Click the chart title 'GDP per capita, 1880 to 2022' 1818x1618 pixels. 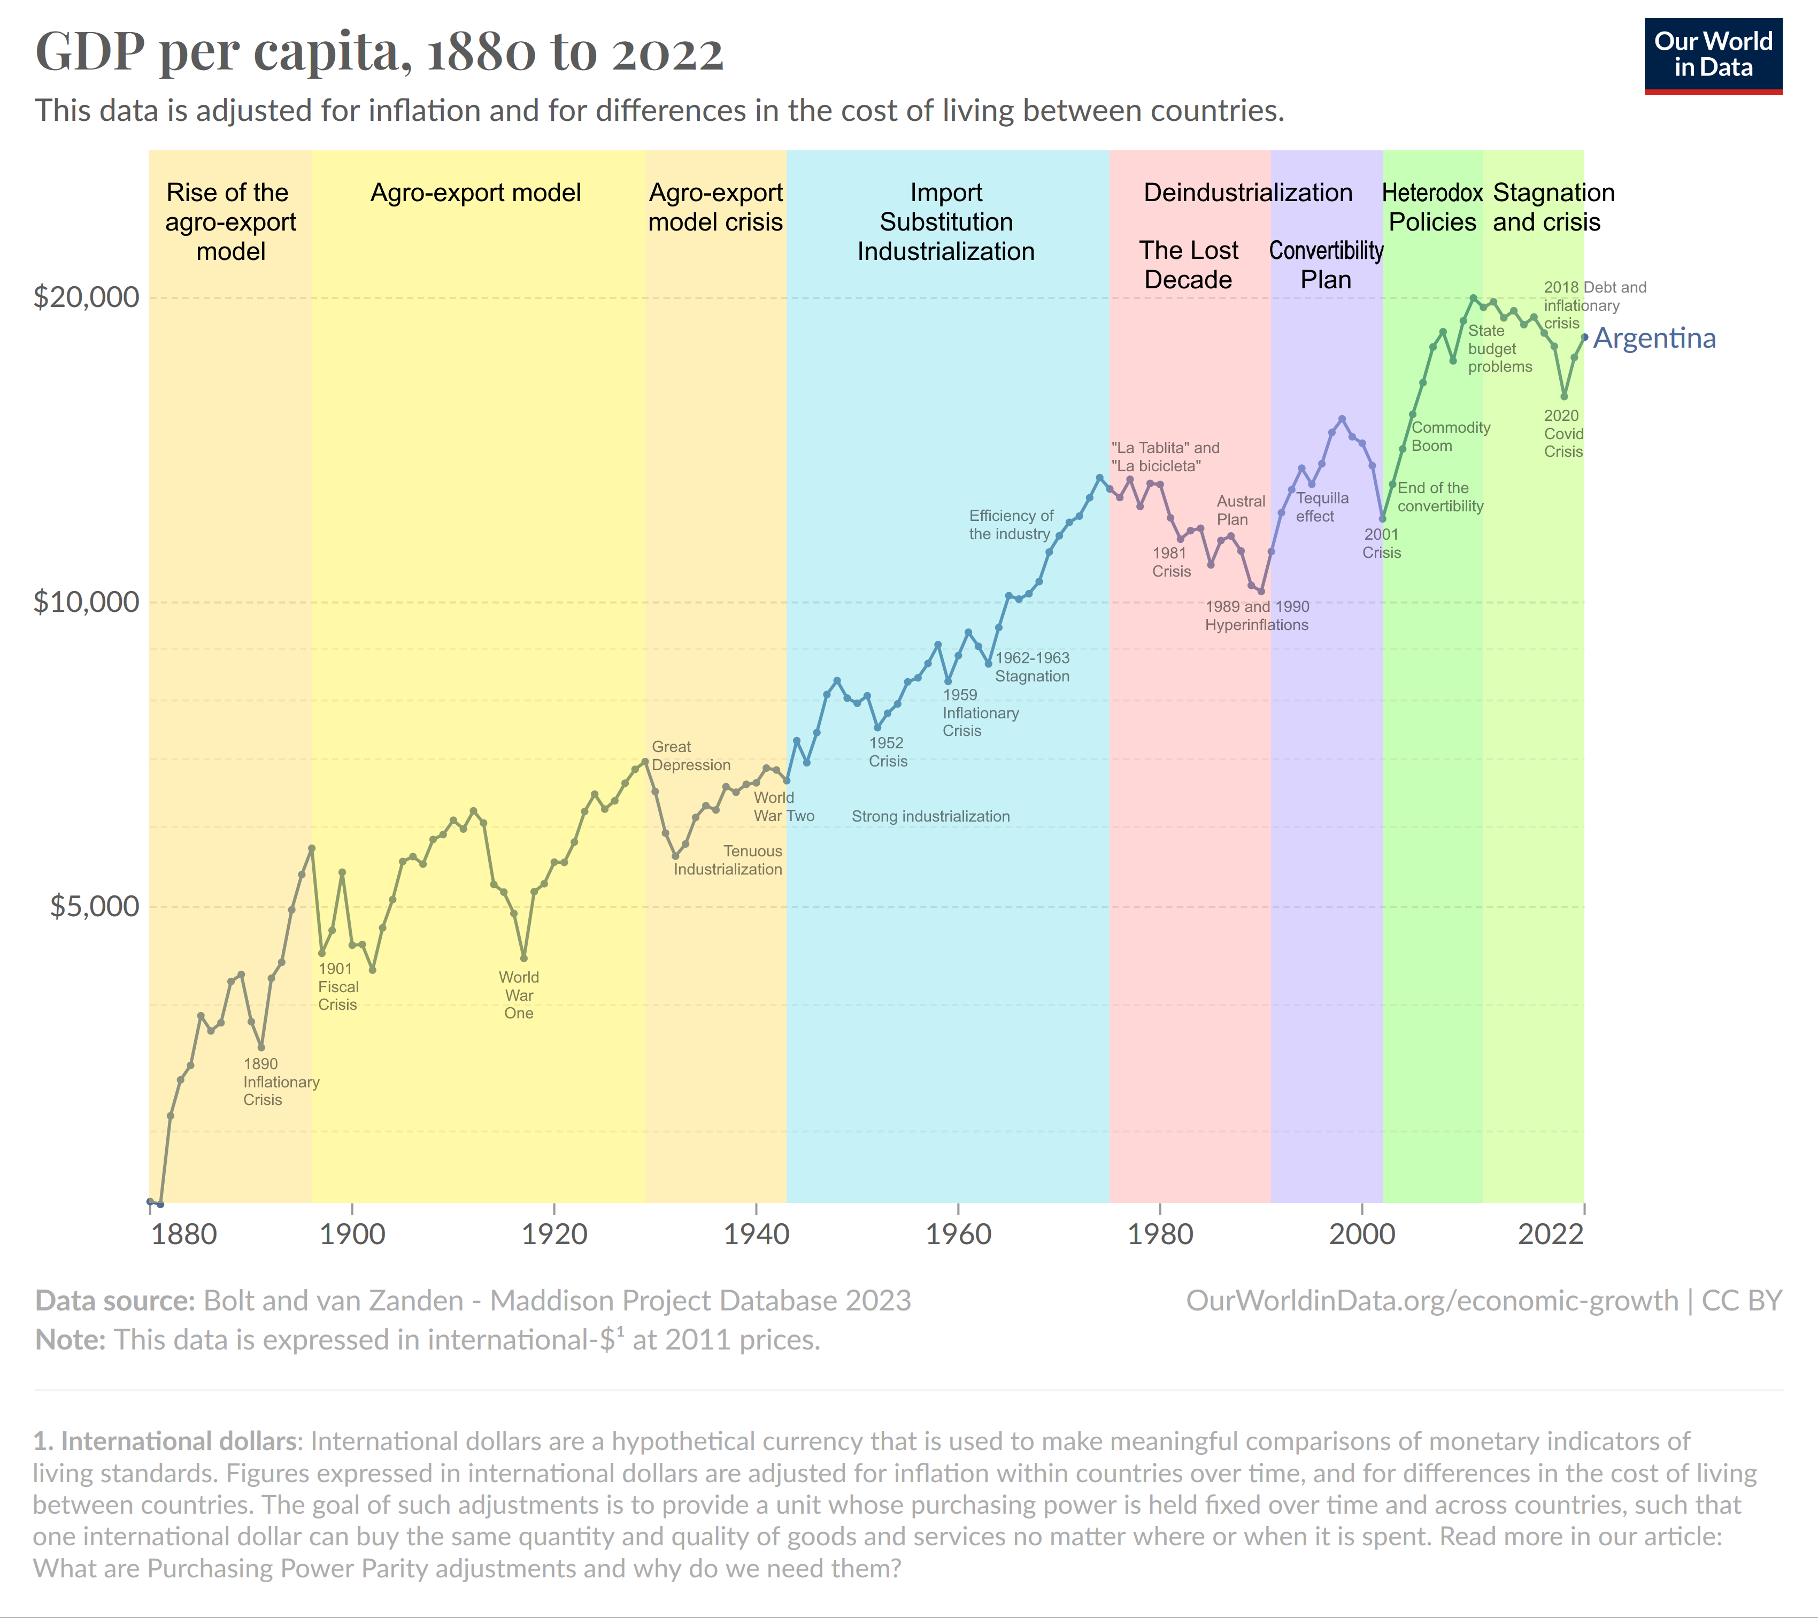379,51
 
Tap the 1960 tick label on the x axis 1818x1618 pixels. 958,1234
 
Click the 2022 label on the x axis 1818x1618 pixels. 1550,1234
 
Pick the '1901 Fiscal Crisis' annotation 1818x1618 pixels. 338,986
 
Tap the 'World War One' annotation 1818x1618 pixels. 519,995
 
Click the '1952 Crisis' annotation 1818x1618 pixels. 888,752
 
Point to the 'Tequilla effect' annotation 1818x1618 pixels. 1322,507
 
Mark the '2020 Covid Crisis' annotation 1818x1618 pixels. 1563,433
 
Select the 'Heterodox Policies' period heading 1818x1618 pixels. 1432,207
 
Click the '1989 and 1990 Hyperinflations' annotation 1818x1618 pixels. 1257,616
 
